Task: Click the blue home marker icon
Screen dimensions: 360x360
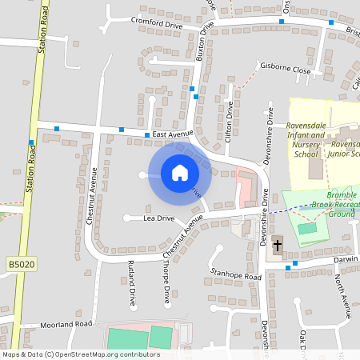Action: coord(179,172)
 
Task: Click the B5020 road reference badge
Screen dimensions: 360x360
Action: coord(21,263)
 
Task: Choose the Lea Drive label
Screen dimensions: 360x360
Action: coord(158,218)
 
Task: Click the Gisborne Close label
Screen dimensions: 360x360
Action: coord(284,70)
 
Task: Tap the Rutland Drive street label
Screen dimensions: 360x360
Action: coord(132,285)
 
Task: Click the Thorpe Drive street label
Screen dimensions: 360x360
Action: coord(166,285)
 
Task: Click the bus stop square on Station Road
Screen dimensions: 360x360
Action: coord(31,142)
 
